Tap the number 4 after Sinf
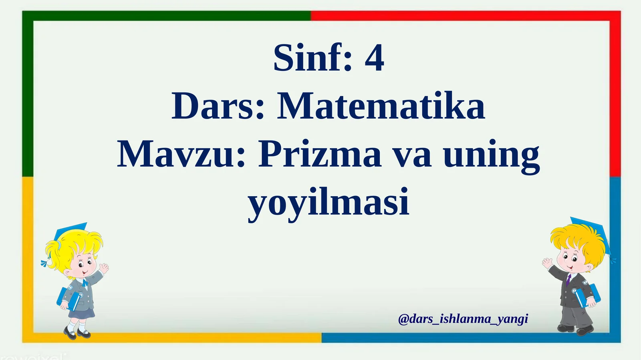pos(374,58)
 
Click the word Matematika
pos(381,107)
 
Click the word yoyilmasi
pos(329,202)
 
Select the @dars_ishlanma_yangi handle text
pos(463,319)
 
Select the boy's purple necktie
pos(568,279)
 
